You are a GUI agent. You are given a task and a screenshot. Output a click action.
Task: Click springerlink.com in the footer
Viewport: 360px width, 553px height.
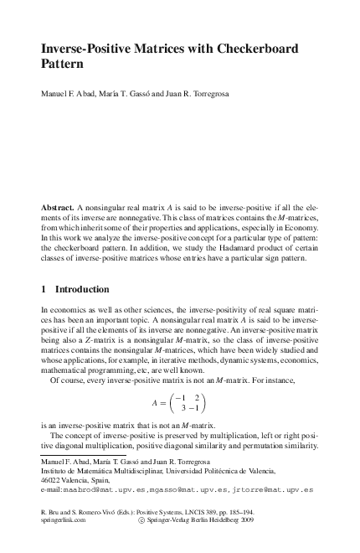63,519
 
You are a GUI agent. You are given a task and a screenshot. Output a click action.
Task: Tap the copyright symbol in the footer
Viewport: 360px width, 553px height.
140,519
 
